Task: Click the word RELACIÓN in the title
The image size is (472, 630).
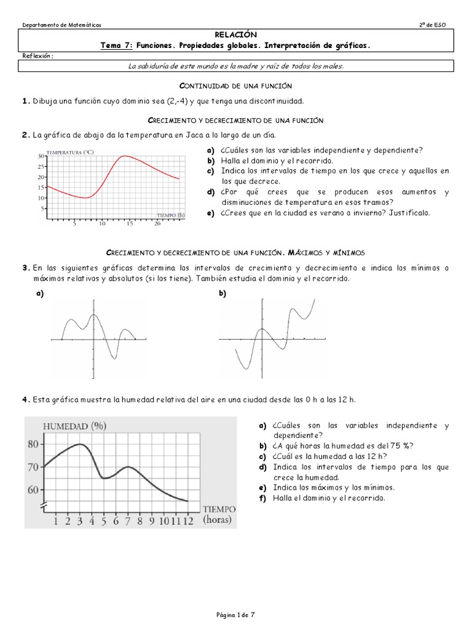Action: pos(236,35)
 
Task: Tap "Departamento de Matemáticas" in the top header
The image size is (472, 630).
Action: pos(62,25)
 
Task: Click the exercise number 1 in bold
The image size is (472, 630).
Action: pos(25,101)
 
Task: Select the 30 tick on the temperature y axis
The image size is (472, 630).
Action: pos(41,156)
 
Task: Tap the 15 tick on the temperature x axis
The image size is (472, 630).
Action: pos(129,224)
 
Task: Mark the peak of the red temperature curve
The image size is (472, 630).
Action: pos(125,156)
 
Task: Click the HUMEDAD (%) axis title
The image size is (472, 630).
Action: pos(73,426)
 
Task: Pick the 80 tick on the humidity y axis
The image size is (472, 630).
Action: pos(33,444)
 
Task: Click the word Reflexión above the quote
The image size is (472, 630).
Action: pos(37,56)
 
